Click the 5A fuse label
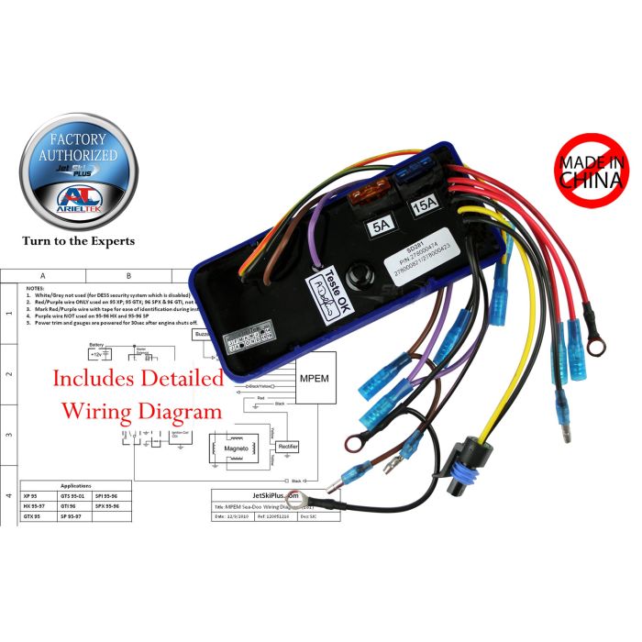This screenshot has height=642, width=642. point(378,222)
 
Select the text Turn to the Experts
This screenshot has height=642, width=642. point(79,241)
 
